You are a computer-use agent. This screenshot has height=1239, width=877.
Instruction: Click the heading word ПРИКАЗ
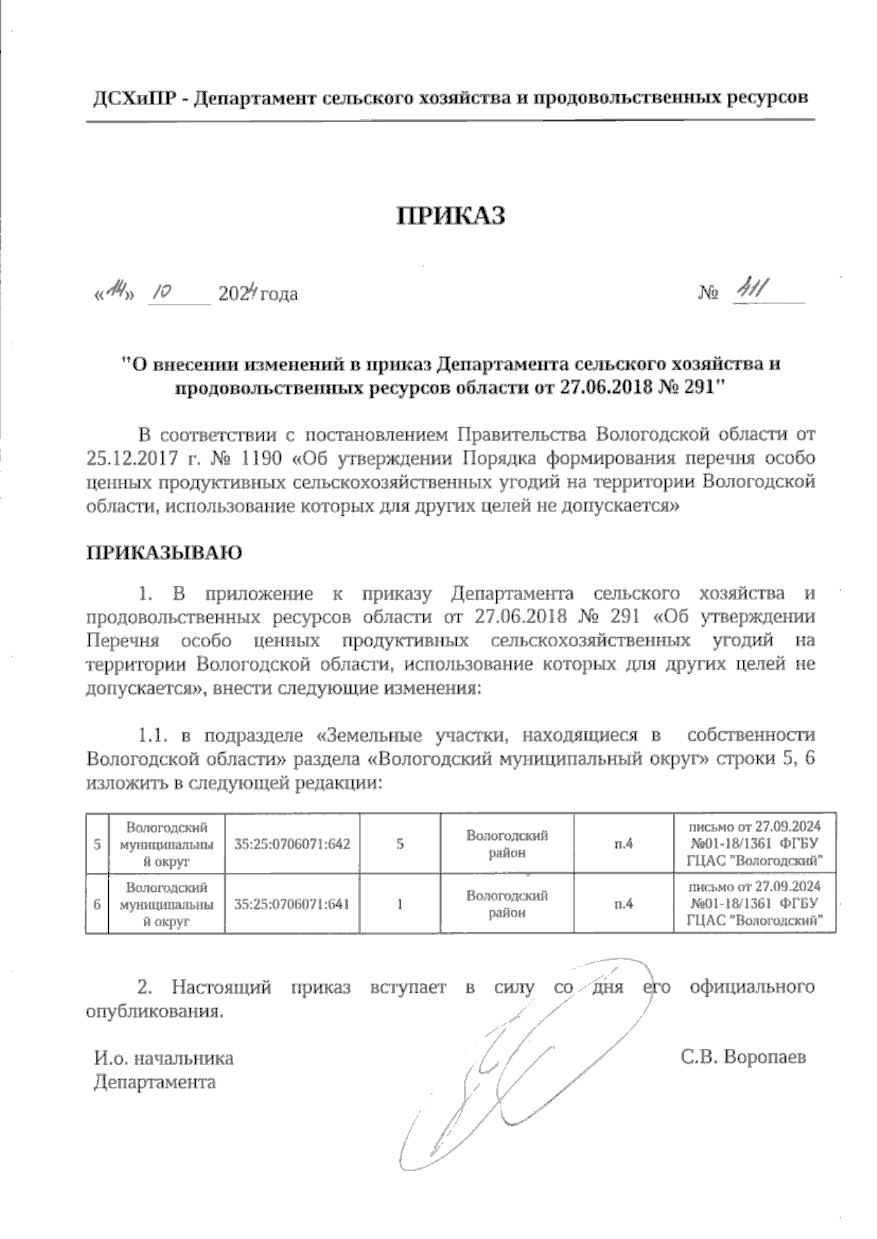pyautogui.click(x=451, y=216)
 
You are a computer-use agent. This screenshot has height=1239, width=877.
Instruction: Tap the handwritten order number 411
pyautogui.click(x=749, y=291)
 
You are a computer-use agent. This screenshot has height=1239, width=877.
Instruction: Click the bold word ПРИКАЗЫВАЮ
pyautogui.click(x=164, y=552)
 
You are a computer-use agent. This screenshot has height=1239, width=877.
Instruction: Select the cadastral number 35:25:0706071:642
pyautogui.click(x=292, y=844)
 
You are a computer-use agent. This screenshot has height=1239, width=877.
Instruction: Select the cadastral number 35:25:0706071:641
pyautogui.click(x=292, y=904)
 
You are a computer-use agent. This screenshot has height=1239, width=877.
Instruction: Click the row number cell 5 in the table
pyautogui.click(x=96, y=844)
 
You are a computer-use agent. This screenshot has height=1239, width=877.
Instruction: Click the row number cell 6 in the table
pyautogui.click(x=96, y=904)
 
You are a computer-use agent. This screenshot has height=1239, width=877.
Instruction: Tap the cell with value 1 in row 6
pyautogui.click(x=400, y=904)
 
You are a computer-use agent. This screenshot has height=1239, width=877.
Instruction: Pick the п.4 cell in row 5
pyautogui.click(x=623, y=844)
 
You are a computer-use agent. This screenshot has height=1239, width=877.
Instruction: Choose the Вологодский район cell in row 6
pyautogui.click(x=506, y=904)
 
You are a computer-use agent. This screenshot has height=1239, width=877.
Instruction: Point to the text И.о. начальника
pyautogui.click(x=164, y=1058)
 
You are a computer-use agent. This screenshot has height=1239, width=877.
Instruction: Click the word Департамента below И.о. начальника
pyautogui.click(x=155, y=1082)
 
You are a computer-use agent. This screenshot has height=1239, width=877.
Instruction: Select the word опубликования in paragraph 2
pyautogui.click(x=153, y=1012)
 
